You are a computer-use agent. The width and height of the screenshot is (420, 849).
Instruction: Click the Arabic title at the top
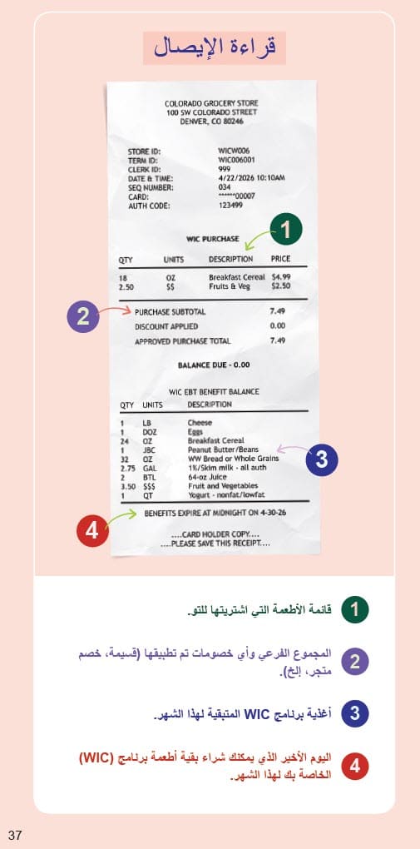[215, 47]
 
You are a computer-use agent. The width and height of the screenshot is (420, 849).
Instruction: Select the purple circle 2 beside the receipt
[82, 316]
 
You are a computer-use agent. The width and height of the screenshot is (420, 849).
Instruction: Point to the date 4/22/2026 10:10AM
[251, 178]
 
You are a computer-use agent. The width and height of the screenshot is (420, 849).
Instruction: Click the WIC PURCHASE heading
[212, 239]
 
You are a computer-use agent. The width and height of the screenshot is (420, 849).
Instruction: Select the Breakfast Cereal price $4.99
[281, 276]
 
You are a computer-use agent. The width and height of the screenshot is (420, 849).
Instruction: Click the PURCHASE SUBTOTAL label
[170, 312]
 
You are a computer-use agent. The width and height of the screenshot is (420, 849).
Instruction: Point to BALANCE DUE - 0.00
[213, 365]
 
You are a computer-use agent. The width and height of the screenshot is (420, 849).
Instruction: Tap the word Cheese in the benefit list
[200, 423]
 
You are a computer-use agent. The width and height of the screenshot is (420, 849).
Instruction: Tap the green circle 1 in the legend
[355, 610]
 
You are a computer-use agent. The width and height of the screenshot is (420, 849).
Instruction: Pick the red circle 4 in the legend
[355, 766]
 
